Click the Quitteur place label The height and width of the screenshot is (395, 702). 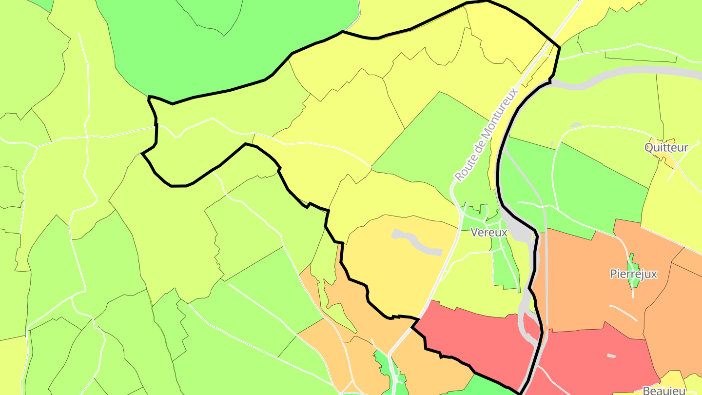pyautogui.click(x=666, y=147)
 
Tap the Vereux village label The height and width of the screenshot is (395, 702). pyautogui.click(x=489, y=233)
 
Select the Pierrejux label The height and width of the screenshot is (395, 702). pyautogui.click(x=633, y=274)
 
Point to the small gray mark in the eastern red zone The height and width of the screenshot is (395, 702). pyautogui.click(x=611, y=356)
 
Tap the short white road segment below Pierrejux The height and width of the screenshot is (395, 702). pyautogui.click(x=623, y=313)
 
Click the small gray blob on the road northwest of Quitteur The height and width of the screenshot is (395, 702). pyautogui.click(x=575, y=125)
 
